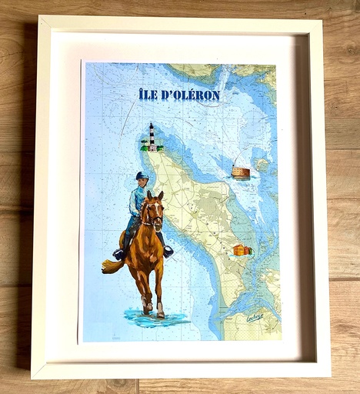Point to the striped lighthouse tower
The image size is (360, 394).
(x=152, y=137)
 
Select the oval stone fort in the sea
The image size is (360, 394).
(x=241, y=172)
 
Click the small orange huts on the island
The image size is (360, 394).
(x=243, y=249)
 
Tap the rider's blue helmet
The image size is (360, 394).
(x=141, y=175)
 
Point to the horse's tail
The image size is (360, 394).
(x=112, y=265)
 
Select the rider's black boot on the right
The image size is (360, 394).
(x=168, y=251)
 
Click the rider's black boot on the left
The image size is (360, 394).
(x=119, y=254)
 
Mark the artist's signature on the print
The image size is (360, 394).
(x=254, y=316)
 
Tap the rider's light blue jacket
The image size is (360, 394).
(x=138, y=202)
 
